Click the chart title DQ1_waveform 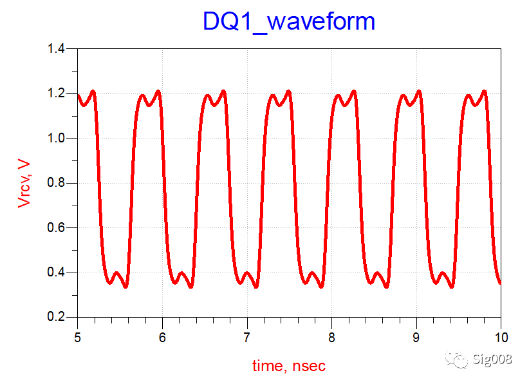289,22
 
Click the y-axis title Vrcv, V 24,183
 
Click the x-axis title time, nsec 289,366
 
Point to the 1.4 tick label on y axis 60,49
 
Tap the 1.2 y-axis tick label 60,94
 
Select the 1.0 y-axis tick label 60,139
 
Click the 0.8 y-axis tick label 60,184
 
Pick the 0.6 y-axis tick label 60,228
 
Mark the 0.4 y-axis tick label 60,273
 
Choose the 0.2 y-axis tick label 60,318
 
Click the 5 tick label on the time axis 77,336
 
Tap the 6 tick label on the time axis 162,336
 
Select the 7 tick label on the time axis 246,336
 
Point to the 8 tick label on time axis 331,336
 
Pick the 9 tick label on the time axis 416,336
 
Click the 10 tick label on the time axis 500,336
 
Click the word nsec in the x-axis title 309,366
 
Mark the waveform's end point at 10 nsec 500,282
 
